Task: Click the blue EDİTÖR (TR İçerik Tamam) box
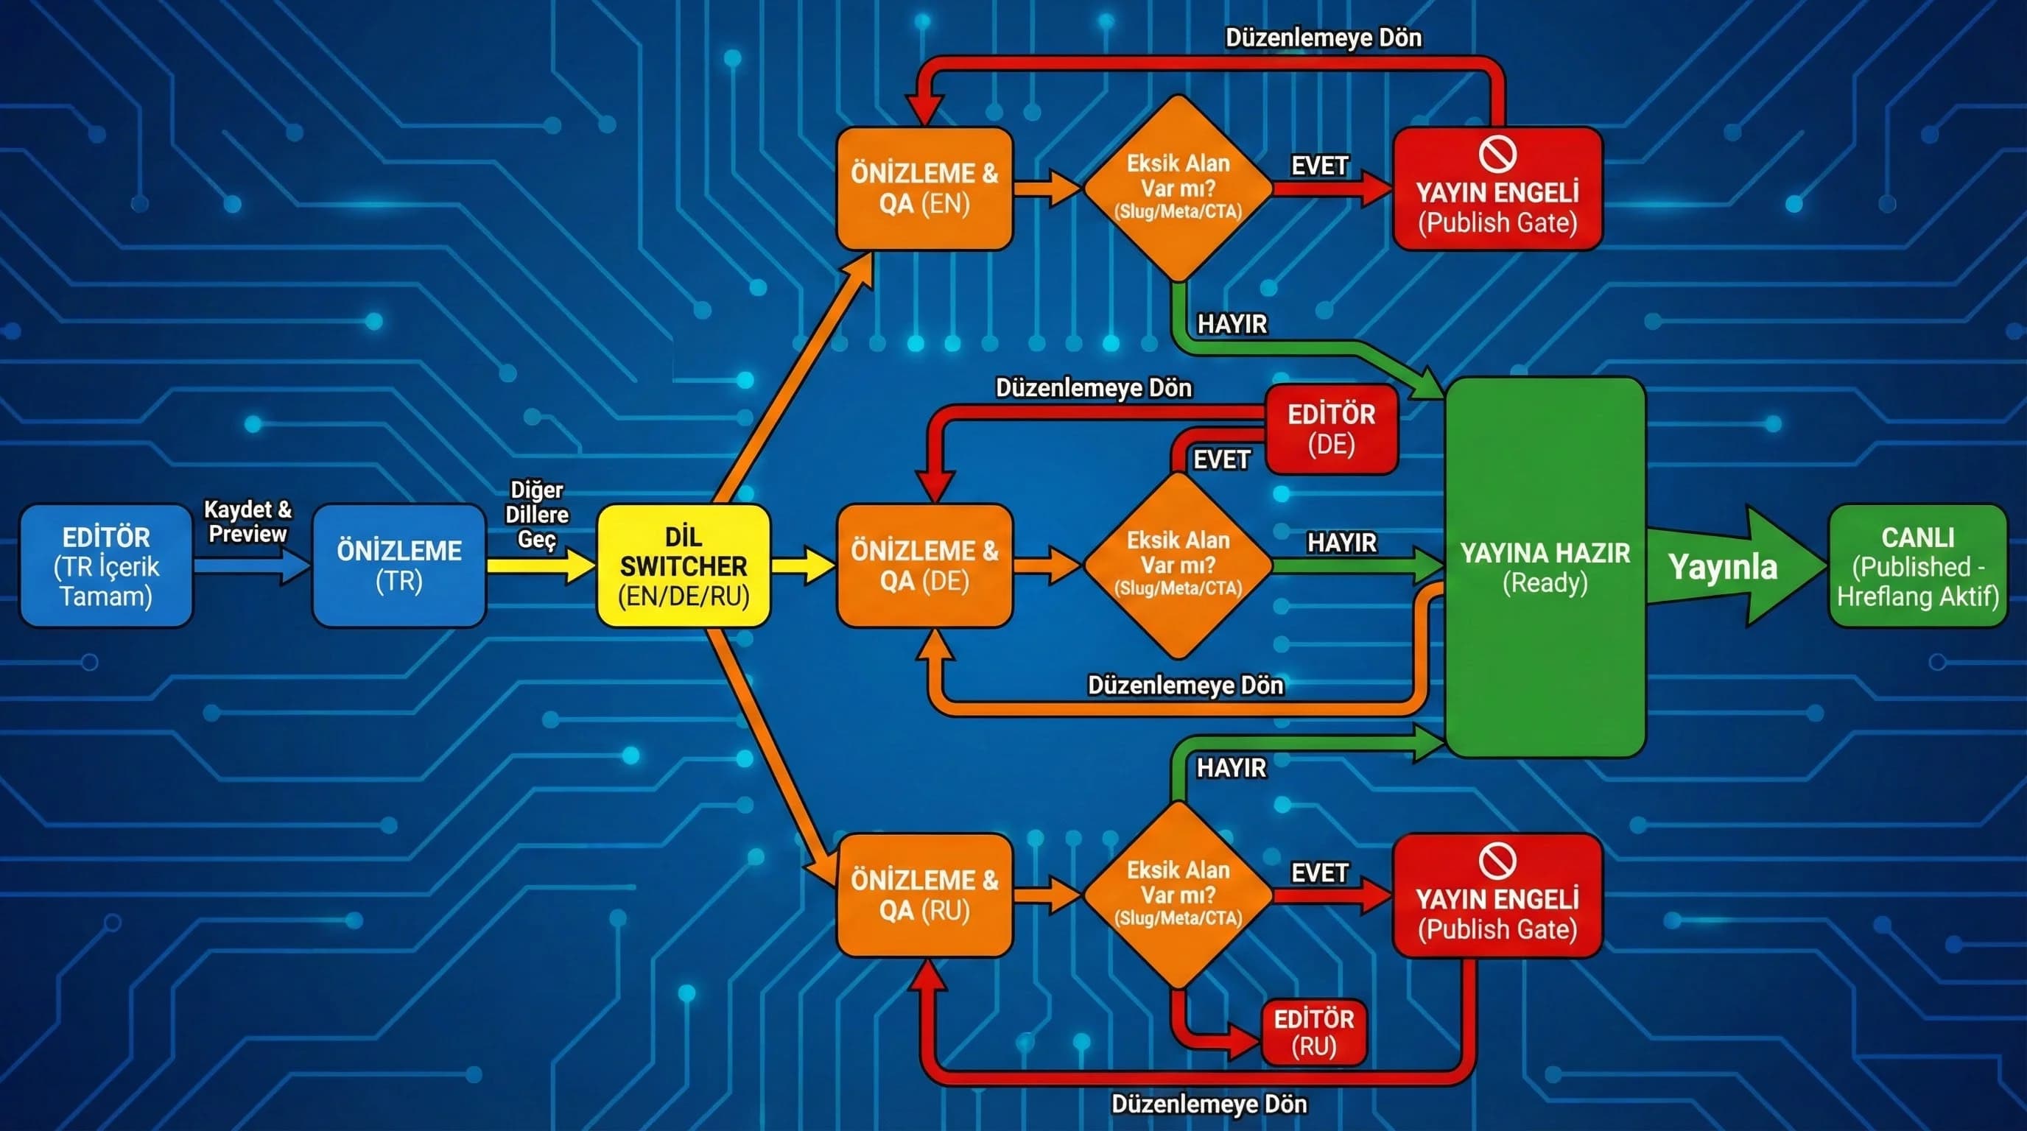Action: (x=106, y=565)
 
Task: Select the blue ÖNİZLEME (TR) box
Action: (x=399, y=565)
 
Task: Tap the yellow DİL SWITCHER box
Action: (x=683, y=565)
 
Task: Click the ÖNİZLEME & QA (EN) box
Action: (x=924, y=188)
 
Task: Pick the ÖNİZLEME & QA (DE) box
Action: (x=924, y=565)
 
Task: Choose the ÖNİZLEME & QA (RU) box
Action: (x=924, y=895)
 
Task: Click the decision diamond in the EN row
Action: (x=1178, y=188)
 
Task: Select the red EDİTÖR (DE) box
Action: (x=1331, y=429)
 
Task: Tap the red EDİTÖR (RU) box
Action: (x=1313, y=1032)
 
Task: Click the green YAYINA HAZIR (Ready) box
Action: (x=1545, y=567)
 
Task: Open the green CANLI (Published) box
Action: (x=1918, y=565)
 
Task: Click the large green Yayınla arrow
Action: (x=1731, y=566)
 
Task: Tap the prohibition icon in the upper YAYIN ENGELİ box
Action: (x=1497, y=153)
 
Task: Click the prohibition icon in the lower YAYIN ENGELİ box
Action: (x=1497, y=861)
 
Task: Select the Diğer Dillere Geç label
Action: (x=537, y=515)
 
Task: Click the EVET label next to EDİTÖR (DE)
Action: (x=1221, y=460)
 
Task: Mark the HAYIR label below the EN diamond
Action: (x=1232, y=324)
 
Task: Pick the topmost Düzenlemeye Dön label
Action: (x=1323, y=38)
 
